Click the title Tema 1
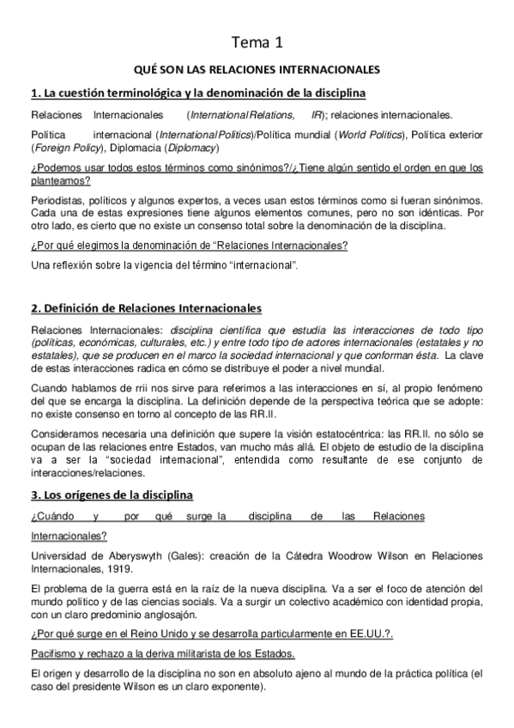click(x=257, y=41)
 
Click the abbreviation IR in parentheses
click(x=317, y=114)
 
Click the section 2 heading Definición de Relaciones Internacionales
click(x=146, y=308)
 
